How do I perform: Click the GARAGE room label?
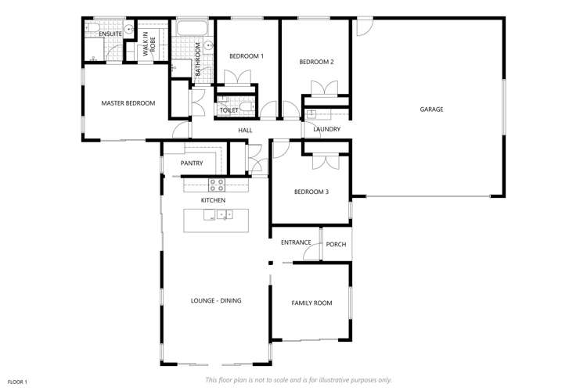tap(431, 109)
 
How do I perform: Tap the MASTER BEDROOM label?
tap(128, 103)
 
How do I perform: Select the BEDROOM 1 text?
tap(247, 56)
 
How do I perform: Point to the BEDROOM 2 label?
tap(317, 62)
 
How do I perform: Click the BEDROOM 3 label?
tap(311, 192)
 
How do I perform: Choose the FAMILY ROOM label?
tap(312, 303)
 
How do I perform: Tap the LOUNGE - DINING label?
tap(216, 300)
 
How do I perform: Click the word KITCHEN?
tap(213, 201)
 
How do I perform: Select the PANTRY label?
tap(192, 163)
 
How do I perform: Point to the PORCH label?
tap(336, 245)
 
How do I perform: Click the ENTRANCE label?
tap(297, 242)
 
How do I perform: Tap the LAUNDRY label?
tap(326, 130)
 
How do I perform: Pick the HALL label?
tap(245, 130)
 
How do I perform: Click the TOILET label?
tap(229, 110)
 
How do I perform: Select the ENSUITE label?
tap(110, 34)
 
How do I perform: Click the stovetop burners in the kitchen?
tap(217, 185)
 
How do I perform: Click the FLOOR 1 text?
tap(17, 381)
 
